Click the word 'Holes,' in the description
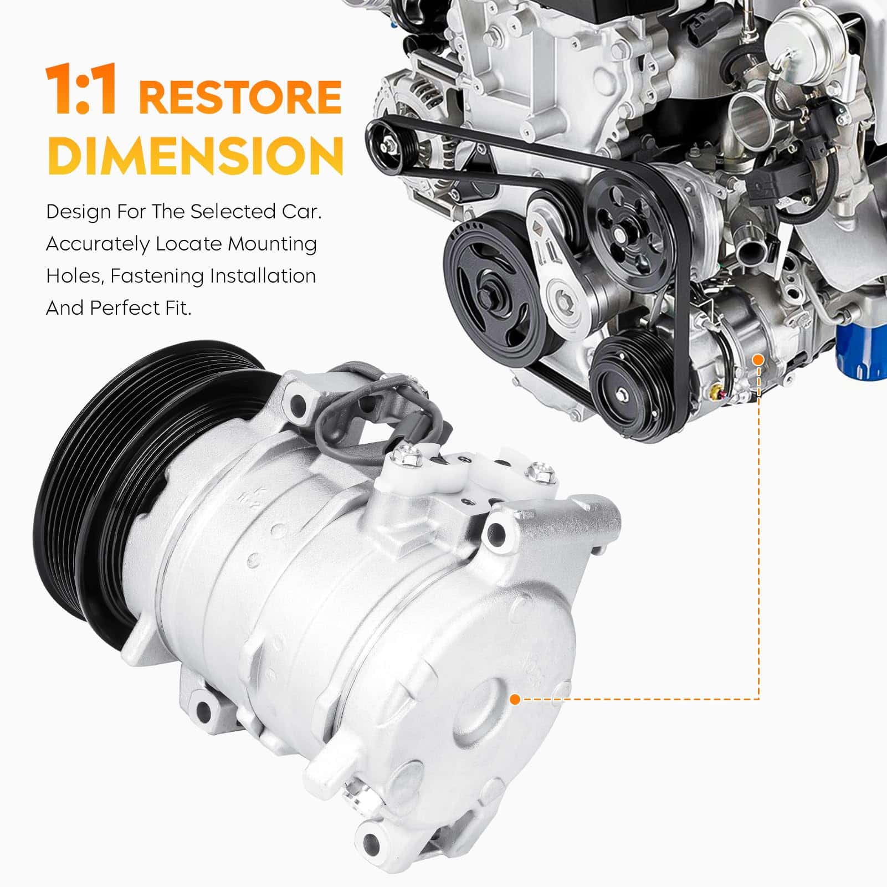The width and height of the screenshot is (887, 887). pyautogui.click(x=75, y=276)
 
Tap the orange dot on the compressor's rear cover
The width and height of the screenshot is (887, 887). pyautogui.click(x=515, y=700)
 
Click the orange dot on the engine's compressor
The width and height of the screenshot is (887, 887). pyautogui.click(x=758, y=360)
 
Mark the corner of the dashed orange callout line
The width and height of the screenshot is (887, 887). pyautogui.click(x=758, y=700)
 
